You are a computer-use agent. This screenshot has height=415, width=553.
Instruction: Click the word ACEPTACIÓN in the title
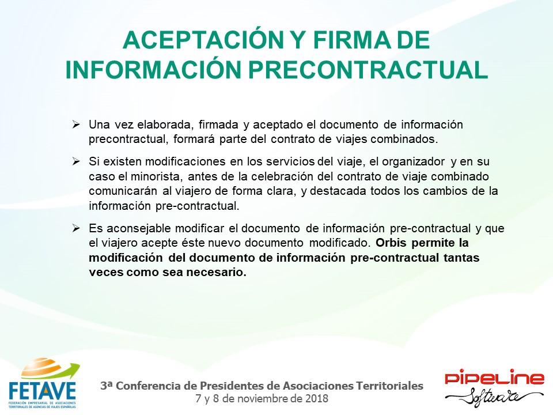tap(203, 40)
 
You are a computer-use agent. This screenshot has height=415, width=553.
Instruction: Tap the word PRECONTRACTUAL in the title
tap(368, 70)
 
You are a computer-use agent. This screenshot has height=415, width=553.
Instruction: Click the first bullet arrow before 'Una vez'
tap(76, 124)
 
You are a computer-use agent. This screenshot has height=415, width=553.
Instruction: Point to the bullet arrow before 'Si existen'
tap(76, 161)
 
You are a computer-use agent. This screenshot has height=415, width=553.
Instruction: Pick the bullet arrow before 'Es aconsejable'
tap(76, 228)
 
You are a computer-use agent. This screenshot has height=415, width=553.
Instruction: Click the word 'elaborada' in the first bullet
tap(164, 124)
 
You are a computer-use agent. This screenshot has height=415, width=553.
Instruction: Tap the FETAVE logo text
tap(42, 391)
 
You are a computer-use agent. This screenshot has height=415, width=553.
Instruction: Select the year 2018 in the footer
tap(317, 399)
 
